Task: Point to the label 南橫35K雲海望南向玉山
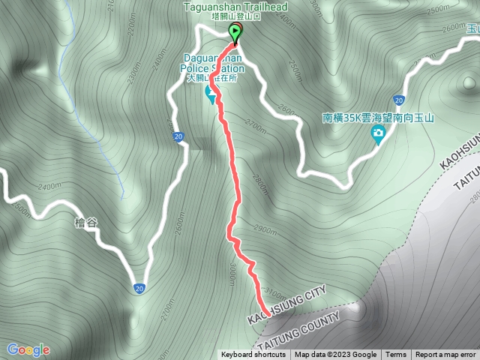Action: tap(379, 118)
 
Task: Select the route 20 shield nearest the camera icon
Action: tap(397, 100)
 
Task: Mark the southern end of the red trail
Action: tap(267, 313)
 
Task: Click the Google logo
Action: tap(28, 349)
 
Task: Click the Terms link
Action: tap(396, 355)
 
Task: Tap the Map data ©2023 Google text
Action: tap(335, 355)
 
